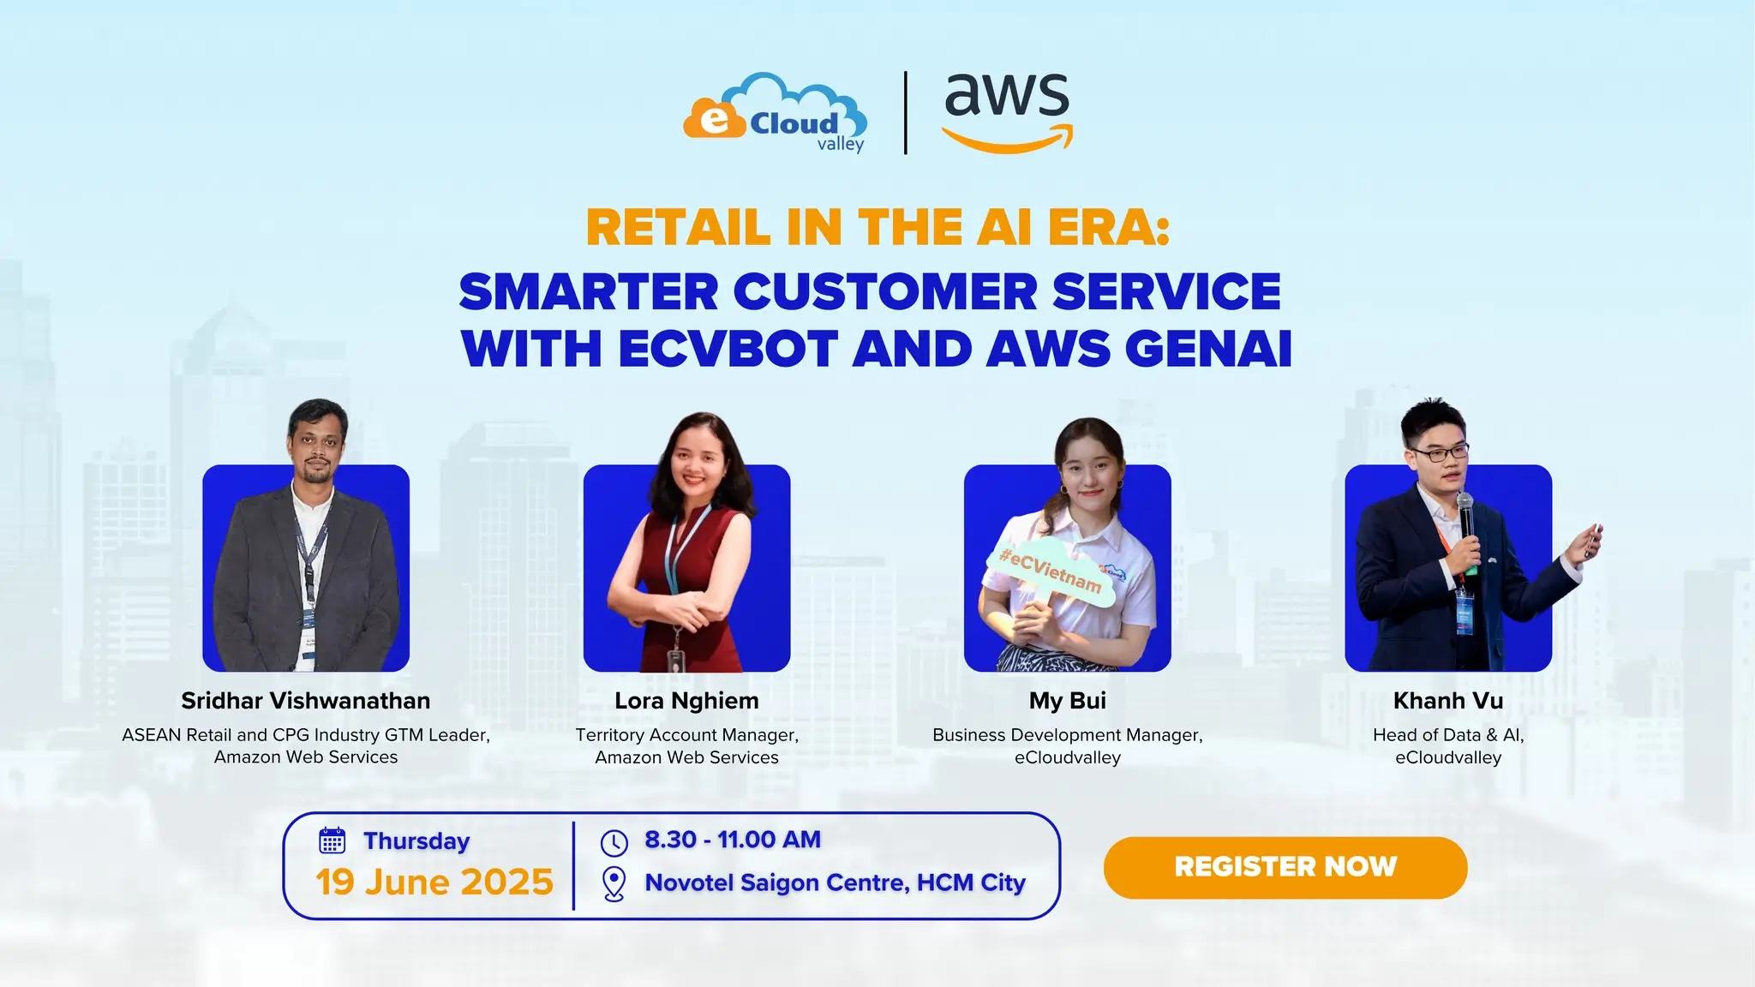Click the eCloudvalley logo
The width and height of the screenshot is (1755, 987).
coord(775,113)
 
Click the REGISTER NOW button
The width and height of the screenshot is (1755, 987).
coord(1285,867)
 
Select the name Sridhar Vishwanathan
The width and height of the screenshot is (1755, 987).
coord(306,701)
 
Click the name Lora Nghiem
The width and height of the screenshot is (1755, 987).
coord(686,701)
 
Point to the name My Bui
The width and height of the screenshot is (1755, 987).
coord(1068,701)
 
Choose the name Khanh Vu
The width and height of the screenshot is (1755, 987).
coord(1448,701)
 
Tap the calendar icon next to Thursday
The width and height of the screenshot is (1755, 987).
coord(332,840)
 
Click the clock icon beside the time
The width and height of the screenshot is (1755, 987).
coord(614,842)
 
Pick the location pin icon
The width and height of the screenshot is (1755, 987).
coord(614,884)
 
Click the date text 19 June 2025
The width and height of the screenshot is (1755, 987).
coord(434,882)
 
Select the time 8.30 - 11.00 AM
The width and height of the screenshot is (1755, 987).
coord(733,840)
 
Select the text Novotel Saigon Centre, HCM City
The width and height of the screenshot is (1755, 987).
coord(836,882)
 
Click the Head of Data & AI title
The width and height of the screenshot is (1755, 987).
coord(1448,735)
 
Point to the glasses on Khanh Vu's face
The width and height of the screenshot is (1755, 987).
coord(1440,452)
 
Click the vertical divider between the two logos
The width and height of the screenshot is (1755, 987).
coord(906,113)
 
